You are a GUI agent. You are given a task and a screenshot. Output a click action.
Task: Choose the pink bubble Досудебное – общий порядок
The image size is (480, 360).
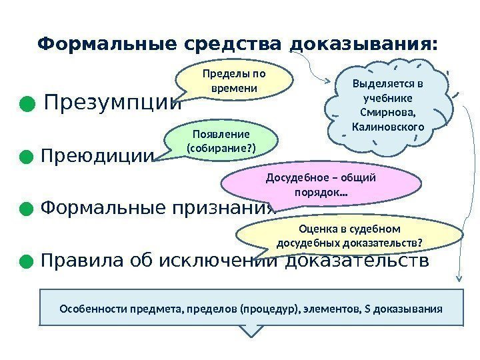321,185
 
